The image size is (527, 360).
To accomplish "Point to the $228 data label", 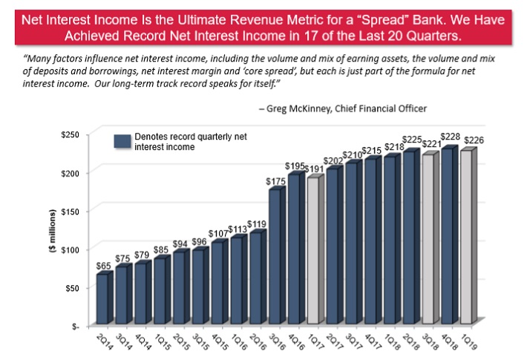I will [450, 136].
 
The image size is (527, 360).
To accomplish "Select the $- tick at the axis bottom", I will [74, 326].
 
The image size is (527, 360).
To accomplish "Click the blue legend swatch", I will [122, 141].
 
